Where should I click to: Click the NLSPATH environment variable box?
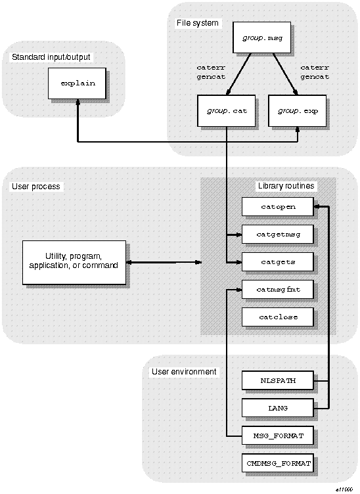coord(277,380)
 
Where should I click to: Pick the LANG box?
coord(277,408)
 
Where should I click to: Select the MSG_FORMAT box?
coord(277,436)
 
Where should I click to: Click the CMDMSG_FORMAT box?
coord(277,463)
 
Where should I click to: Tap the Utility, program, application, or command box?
coord(74,261)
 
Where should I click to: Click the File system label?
coord(197,23)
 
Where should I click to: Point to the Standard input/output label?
coord(51,57)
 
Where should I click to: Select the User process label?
coord(35,186)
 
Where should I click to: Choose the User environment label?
coord(184,371)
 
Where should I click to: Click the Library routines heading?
coord(286,186)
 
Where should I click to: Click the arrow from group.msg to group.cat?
coord(235,74)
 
